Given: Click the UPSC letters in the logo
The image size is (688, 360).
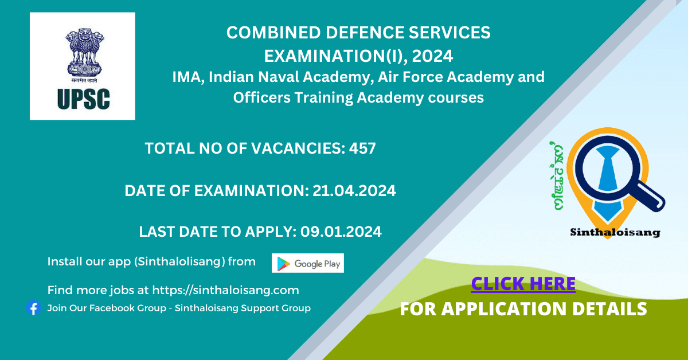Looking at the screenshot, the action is click(x=84, y=99).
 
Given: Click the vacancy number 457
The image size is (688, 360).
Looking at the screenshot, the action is click(x=362, y=148).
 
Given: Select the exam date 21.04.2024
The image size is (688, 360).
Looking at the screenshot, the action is click(x=354, y=191).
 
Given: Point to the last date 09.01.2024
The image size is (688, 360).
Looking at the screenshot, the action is click(x=341, y=232).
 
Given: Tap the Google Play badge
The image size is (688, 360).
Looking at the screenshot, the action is click(x=308, y=263).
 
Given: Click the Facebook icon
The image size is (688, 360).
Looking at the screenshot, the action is click(x=33, y=308).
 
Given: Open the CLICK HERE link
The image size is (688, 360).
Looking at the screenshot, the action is click(x=523, y=284).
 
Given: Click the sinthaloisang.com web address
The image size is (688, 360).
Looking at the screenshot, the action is click(x=225, y=290).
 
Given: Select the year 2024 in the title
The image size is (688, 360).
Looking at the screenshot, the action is click(x=432, y=56).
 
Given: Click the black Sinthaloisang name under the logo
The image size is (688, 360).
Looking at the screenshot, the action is click(x=615, y=233).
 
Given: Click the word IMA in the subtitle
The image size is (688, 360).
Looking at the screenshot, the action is click(x=188, y=77).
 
